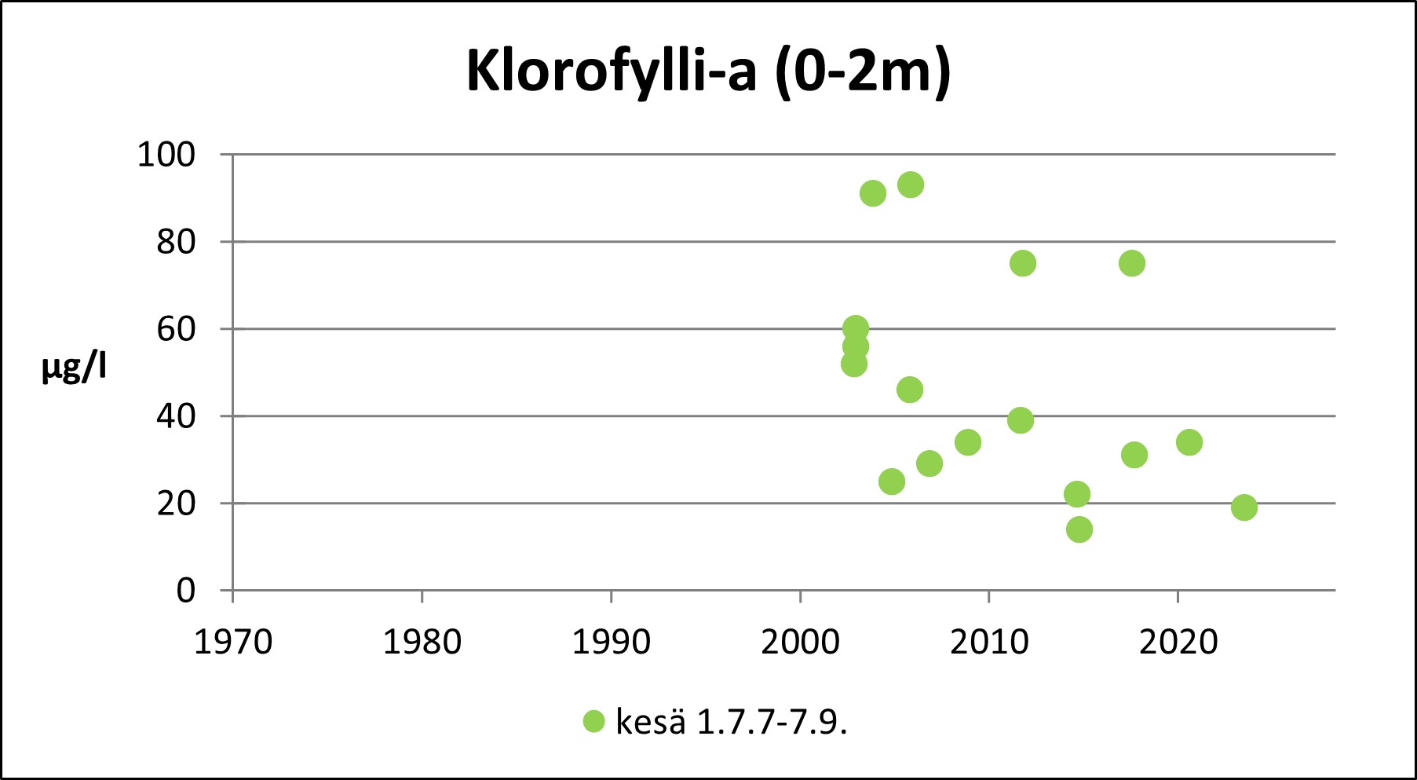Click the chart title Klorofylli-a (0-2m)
click(x=708, y=71)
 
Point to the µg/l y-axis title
click(x=74, y=367)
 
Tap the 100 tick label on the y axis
click(x=166, y=155)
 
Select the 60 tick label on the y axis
click(x=176, y=329)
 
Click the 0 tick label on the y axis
click(x=186, y=590)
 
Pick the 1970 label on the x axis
click(x=232, y=643)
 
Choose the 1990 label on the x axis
click(x=611, y=643)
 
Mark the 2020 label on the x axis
click(x=1178, y=643)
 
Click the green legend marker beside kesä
click(x=594, y=721)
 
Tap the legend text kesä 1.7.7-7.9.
click(x=731, y=722)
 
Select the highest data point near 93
click(x=910, y=185)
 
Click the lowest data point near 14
click(x=1079, y=529)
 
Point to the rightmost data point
click(x=1244, y=507)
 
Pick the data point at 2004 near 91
click(x=873, y=193)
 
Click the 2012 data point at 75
click(x=1022, y=263)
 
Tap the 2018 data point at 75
click(x=1131, y=263)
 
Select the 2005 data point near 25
click(x=892, y=482)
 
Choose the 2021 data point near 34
click(x=1189, y=442)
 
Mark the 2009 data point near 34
click(x=968, y=442)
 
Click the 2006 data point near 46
click(x=909, y=390)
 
